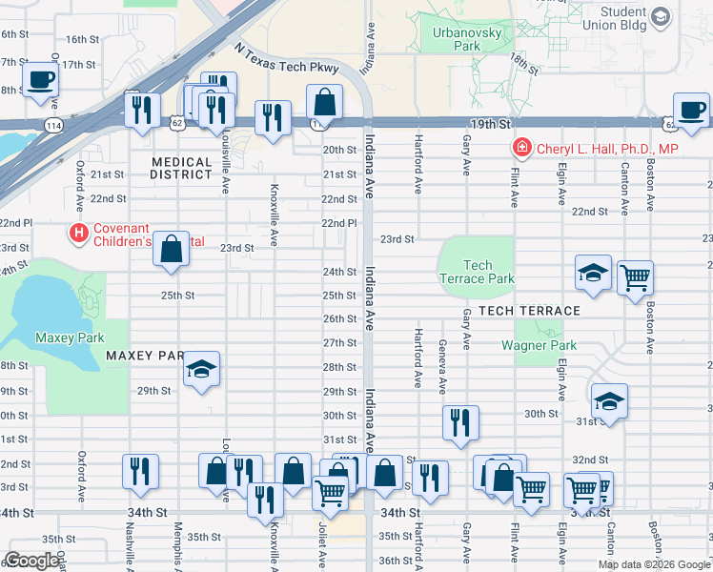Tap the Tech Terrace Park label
[x=477, y=273]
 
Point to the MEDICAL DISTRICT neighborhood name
[x=181, y=169]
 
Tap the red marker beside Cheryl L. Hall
[x=521, y=148]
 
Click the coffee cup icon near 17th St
[x=40, y=81]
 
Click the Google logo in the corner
[x=33, y=561]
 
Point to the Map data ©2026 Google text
[x=653, y=564]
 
